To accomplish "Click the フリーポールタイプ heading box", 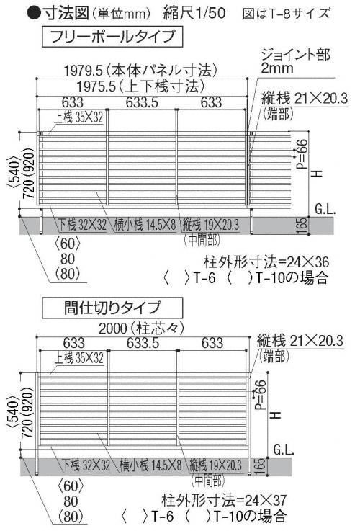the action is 112,37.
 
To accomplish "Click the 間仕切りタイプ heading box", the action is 112,308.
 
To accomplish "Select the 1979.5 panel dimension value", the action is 84,71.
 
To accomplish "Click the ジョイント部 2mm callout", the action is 295,61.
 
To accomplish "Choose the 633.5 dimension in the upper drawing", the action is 142,102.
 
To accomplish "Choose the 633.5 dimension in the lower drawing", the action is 143,343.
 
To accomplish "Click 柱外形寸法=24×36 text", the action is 266,262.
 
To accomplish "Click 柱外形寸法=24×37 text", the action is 225,499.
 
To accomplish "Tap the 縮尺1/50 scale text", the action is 194,13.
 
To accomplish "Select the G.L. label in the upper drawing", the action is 325,209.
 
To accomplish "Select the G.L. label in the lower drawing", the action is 284,450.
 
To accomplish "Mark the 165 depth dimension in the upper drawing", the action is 303,225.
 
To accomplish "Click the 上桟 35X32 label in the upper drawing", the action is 78,117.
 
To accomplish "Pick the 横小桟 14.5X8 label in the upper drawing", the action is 145,225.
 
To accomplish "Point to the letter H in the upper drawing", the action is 316,174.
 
